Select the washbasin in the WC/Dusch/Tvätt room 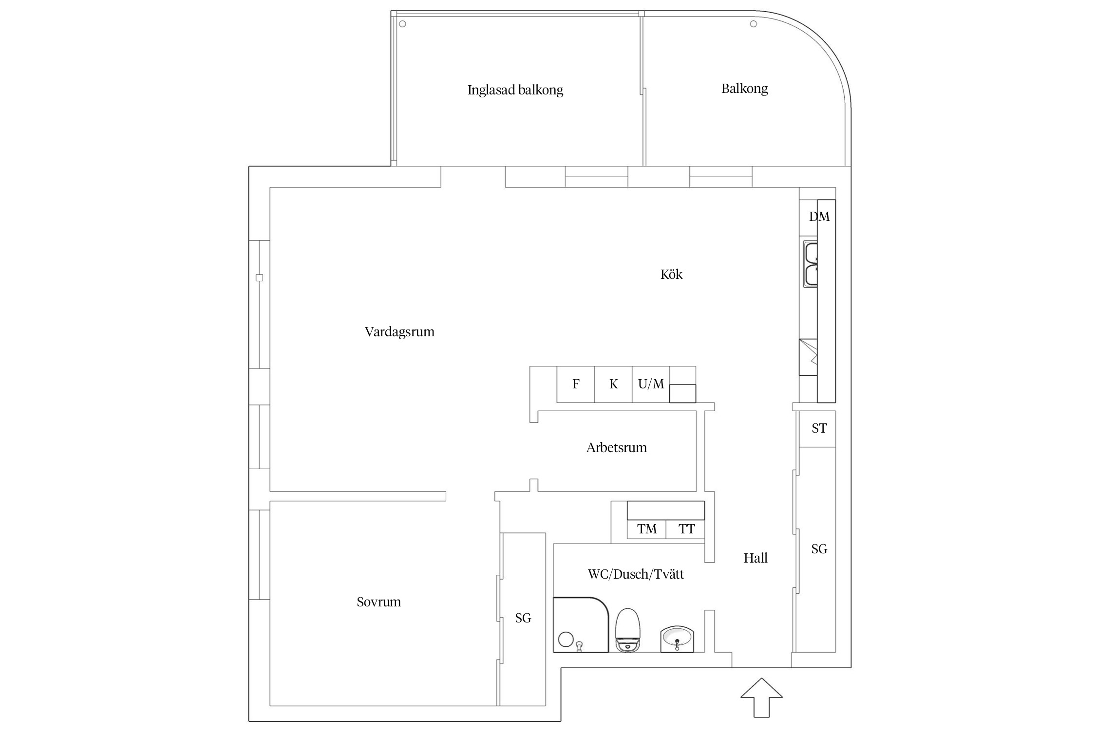pyautogui.click(x=677, y=639)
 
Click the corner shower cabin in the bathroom pyautogui.click(x=580, y=624)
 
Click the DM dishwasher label pyautogui.click(x=819, y=217)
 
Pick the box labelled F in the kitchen pyautogui.click(x=576, y=384)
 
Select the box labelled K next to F pyautogui.click(x=613, y=384)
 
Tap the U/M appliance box pyautogui.click(x=651, y=384)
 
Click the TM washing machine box pyautogui.click(x=647, y=529)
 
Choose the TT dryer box pyautogui.click(x=686, y=529)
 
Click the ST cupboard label pyautogui.click(x=819, y=428)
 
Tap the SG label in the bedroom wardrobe pyautogui.click(x=523, y=618)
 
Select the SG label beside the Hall pyautogui.click(x=819, y=549)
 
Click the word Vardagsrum pyautogui.click(x=399, y=332)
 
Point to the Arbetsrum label pyautogui.click(x=616, y=448)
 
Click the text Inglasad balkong pyautogui.click(x=515, y=90)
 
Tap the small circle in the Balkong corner pyautogui.click(x=753, y=24)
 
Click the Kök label pyautogui.click(x=671, y=274)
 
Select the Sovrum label pyautogui.click(x=378, y=602)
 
